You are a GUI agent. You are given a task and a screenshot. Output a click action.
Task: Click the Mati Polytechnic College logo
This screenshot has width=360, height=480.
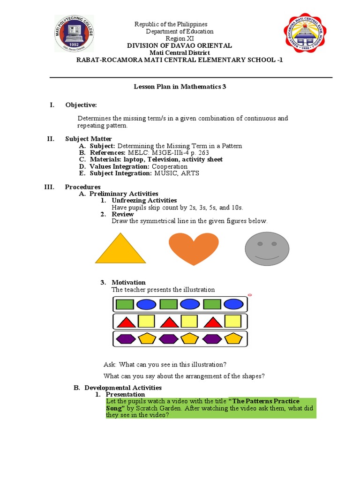pyautogui.click(x=74, y=34)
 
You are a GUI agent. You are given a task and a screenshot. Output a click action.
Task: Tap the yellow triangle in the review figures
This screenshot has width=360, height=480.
pyautogui.click(x=120, y=248)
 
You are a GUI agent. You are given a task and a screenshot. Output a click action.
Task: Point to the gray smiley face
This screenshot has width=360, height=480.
pyautogui.click(x=267, y=248)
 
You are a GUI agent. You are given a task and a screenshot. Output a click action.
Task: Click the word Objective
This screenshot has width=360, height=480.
pyautogui.click(x=81, y=105)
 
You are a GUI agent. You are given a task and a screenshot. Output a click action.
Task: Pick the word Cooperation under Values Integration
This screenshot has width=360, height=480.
pyautogui.click(x=170, y=166)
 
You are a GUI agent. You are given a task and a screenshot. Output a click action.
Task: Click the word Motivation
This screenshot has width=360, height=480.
pyautogui.click(x=128, y=282)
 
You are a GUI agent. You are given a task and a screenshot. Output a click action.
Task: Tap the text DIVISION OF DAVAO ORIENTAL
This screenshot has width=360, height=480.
pyautogui.click(x=180, y=45)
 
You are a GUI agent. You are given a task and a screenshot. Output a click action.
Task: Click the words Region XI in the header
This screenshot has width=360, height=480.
pyautogui.click(x=173, y=38)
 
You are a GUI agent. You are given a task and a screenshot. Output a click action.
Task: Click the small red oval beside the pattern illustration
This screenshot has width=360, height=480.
pyautogui.click(x=250, y=295)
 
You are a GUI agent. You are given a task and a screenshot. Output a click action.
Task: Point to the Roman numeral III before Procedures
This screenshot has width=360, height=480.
pyautogui.click(x=49, y=187)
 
